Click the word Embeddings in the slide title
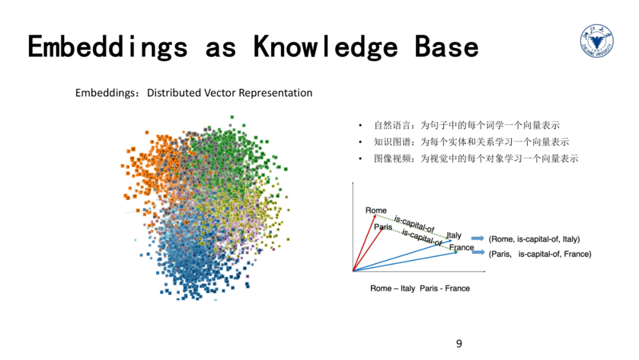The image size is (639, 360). click(x=108, y=47)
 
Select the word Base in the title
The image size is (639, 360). click(x=447, y=47)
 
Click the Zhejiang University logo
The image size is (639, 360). click(x=596, y=43)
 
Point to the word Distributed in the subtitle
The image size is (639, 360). click(x=175, y=93)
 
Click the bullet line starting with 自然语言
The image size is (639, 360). click(x=466, y=126)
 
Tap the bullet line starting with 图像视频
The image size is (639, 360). click(x=476, y=159)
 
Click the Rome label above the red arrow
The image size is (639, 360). click(x=376, y=210)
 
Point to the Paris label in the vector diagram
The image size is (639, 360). click(x=383, y=227)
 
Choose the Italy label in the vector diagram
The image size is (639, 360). click(x=454, y=235)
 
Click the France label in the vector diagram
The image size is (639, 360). click(x=461, y=247)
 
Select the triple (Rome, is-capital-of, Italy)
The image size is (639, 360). click(x=534, y=239)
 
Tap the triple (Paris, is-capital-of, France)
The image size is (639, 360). click(x=540, y=254)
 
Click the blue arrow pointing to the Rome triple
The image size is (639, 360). click(x=478, y=239)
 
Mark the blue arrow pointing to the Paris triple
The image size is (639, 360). click(x=478, y=253)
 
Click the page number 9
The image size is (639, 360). click(x=459, y=343)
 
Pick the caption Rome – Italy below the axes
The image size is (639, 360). click(x=392, y=288)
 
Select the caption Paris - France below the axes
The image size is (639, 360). click(x=445, y=288)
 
